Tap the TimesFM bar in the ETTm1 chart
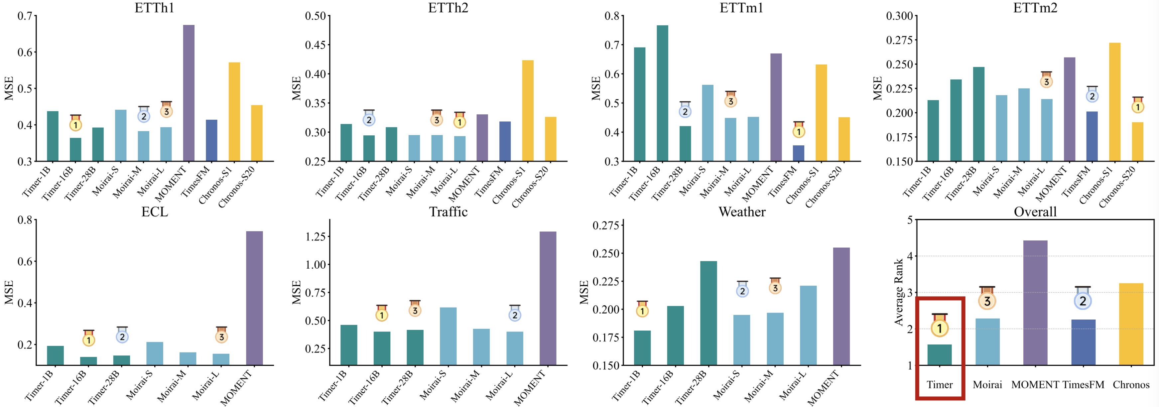point(798,153)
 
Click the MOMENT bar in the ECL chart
point(254,298)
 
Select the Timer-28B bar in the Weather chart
point(708,313)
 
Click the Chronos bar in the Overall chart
point(1131,324)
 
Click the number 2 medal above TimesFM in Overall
point(1083,300)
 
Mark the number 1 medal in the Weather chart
point(642,310)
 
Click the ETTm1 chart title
point(741,8)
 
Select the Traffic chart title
point(448,211)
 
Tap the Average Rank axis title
point(898,292)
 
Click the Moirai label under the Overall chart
point(987,384)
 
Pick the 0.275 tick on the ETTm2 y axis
point(899,40)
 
